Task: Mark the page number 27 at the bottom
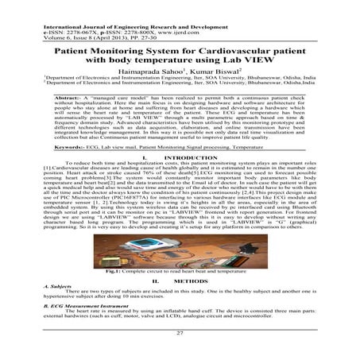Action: [180, 333]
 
